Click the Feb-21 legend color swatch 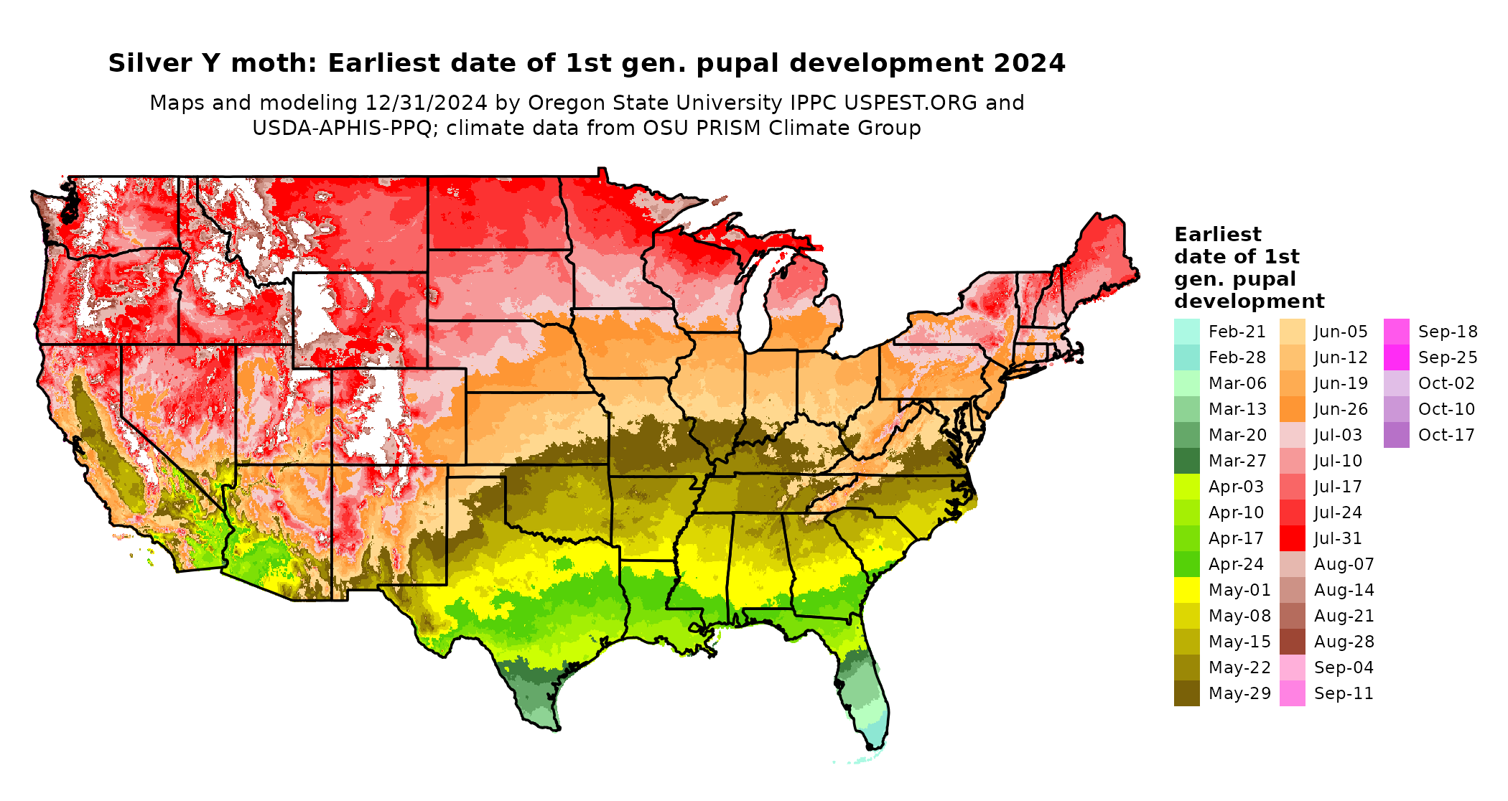coord(1186,332)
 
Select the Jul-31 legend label coord(1338,538)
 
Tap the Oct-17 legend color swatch coord(1396,435)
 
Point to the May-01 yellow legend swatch coord(1186,590)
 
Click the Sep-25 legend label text coord(1448,357)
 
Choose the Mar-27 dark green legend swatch coord(1186,461)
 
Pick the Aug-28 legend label coord(1344,642)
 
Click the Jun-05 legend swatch coord(1292,332)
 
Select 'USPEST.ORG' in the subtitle coord(911,103)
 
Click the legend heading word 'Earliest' coord(1217,235)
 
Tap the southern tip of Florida coord(873,745)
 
